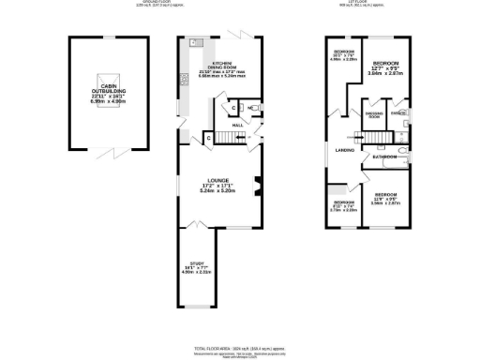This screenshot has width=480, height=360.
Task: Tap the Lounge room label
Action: point(222,184)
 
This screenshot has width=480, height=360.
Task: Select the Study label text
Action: point(197,267)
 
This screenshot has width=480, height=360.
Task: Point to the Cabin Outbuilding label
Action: point(102,92)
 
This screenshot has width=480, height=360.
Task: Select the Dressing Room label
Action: point(373,113)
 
